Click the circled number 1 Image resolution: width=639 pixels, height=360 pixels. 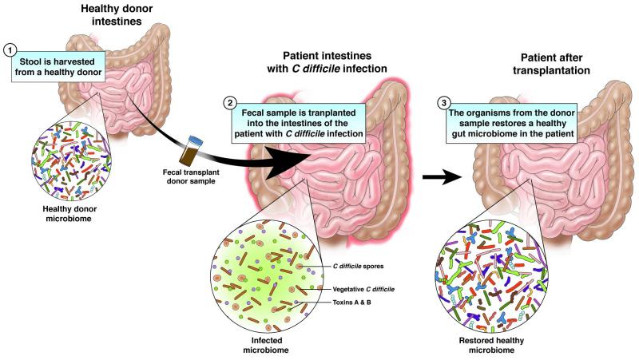tap(10, 50)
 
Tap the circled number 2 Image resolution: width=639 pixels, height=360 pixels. tap(231, 103)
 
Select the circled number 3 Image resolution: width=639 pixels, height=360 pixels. tap(444, 103)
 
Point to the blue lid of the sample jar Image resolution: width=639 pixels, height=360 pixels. tap(196, 141)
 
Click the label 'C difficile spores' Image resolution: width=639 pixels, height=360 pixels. tap(358, 267)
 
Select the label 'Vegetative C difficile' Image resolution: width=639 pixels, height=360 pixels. tap(363, 290)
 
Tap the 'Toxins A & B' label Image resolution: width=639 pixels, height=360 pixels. tap(351, 303)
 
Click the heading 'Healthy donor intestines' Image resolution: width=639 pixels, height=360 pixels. tap(117, 14)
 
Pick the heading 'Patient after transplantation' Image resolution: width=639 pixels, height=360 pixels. tap(551, 64)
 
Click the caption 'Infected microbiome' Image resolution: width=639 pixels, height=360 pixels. tap(267, 346)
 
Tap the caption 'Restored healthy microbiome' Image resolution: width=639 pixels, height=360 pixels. tap(491, 346)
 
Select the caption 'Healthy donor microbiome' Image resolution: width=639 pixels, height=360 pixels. tap(69, 214)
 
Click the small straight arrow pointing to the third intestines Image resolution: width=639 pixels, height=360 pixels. tap(443, 177)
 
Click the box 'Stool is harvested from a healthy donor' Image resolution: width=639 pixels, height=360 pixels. tap(58, 67)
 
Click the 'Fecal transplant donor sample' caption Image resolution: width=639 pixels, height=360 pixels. tap(191, 176)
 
